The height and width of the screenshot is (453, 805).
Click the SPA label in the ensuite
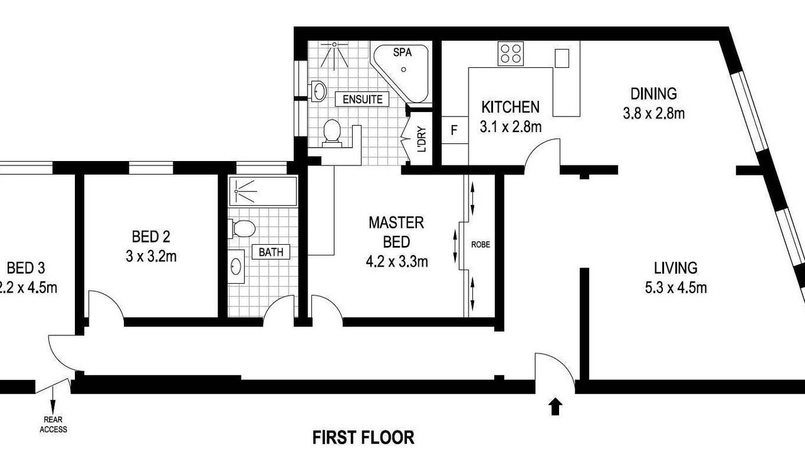(402, 52)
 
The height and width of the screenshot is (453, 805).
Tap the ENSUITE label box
(362, 99)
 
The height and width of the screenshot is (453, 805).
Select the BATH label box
(271, 252)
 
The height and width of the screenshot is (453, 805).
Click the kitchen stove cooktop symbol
(511, 54)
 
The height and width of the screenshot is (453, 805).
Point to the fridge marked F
(454, 130)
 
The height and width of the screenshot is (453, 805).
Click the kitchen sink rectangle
(562, 59)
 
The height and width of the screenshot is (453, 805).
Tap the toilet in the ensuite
(331, 133)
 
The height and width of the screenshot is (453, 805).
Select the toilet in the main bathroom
(241, 228)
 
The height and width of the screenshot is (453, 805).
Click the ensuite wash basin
(318, 91)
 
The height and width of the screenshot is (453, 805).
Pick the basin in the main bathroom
(236, 266)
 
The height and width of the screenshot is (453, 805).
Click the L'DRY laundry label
(422, 140)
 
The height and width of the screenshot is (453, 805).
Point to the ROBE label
(480, 245)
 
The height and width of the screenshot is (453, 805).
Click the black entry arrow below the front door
(555, 406)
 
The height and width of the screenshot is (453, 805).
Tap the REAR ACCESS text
(53, 424)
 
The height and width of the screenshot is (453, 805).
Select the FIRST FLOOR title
(363, 437)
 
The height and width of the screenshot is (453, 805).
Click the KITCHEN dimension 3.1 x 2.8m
(511, 126)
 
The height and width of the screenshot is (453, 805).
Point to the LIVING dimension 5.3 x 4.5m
(676, 288)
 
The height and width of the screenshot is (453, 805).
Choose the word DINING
(653, 94)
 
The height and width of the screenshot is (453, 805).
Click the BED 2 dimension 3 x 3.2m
(151, 256)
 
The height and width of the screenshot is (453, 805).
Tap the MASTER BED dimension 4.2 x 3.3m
(397, 262)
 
